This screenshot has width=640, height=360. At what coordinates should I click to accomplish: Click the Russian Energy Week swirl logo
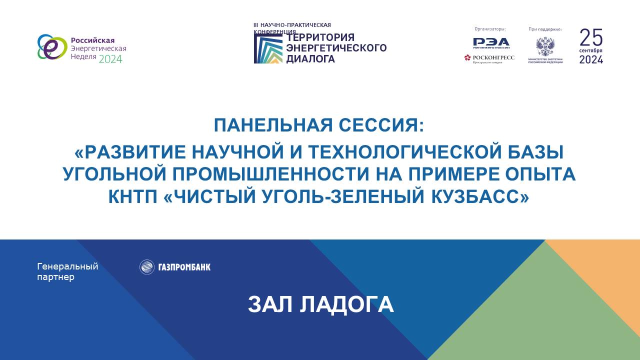coord(52,47)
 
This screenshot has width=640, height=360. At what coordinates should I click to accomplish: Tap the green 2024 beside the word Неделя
coord(110,59)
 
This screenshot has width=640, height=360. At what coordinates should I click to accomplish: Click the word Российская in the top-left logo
coord(92,40)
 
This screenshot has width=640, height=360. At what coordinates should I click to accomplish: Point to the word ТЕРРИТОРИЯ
coord(320,37)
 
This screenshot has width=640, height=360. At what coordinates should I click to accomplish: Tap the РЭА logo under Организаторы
coord(491,42)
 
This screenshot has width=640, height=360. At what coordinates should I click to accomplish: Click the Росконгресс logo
coord(489,58)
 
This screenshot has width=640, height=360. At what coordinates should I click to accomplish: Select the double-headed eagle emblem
coord(545,47)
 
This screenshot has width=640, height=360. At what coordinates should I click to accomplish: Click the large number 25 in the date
coord(591,37)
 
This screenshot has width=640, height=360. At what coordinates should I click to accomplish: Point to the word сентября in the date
coord(591,51)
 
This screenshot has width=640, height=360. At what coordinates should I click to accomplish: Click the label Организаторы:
coord(490,29)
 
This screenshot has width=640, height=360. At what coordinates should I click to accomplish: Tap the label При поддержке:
coord(545,29)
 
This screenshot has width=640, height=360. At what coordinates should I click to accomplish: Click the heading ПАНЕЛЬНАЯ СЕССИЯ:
coord(319,125)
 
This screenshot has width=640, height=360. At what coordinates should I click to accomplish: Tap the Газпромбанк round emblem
coord(146,267)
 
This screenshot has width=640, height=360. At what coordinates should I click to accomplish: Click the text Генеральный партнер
coord(67,271)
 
